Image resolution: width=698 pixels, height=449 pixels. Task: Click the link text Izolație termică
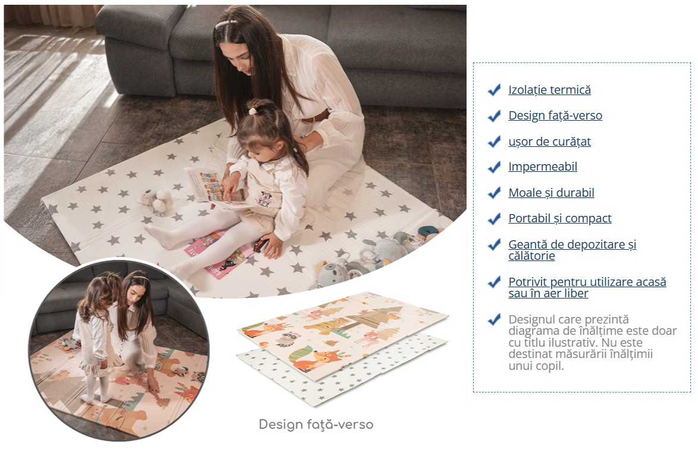point(550,90)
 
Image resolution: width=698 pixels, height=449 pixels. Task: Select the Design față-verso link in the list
point(555,116)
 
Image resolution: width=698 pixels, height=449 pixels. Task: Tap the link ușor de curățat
point(549,142)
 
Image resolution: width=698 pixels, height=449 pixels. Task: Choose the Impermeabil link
point(543,167)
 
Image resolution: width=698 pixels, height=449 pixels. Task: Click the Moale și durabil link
point(551,193)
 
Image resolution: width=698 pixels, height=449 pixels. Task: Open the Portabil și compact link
point(559,218)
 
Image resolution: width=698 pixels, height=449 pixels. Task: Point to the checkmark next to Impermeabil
point(494,167)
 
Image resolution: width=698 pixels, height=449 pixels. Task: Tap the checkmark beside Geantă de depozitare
point(494,245)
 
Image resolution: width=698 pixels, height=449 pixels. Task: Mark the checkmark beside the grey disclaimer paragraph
point(494,319)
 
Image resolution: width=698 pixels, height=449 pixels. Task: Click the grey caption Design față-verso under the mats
point(316,425)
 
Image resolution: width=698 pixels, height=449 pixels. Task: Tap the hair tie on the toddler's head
point(253,111)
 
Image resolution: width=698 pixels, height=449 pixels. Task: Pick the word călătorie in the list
point(531,256)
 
